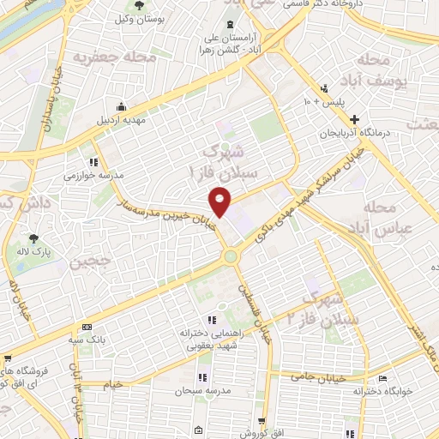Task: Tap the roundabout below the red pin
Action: tap(230, 256)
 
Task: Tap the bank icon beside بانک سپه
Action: tap(87, 328)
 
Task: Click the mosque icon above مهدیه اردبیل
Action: tap(122, 106)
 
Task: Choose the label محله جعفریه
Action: tap(106, 58)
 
